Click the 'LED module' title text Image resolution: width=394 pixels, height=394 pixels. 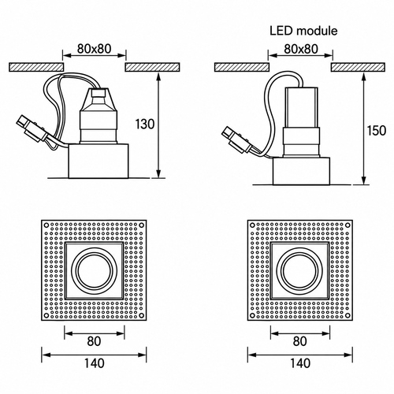tap(303, 31)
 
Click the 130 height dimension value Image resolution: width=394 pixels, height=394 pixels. tap(145, 124)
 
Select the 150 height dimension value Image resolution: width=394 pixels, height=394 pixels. tap(377, 131)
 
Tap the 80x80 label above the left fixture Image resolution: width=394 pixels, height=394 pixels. tap(95, 49)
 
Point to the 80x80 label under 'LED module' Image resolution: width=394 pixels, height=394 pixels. tap(301, 49)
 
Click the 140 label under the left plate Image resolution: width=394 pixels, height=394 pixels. tap(94, 363)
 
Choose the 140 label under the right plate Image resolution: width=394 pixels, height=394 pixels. tap(300, 363)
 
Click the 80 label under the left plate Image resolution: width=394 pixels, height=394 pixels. tap(94, 341)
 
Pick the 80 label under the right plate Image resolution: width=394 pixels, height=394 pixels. tap(299, 341)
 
